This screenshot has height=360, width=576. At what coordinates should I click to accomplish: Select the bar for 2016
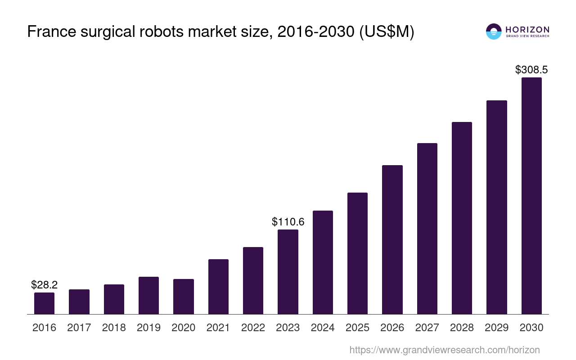[44, 303]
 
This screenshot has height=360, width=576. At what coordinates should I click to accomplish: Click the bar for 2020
[184, 297]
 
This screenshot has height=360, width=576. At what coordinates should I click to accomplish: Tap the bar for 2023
[288, 272]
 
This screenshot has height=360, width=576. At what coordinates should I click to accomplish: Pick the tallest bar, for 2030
[531, 196]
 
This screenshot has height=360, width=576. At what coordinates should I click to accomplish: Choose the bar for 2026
[392, 239]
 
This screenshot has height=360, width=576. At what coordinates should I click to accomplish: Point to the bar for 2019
[148, 295]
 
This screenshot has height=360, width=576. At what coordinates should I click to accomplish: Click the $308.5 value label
[531, 70]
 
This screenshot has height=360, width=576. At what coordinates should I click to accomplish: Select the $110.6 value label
[288, 222]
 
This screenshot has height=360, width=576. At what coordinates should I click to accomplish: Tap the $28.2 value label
[44, 284]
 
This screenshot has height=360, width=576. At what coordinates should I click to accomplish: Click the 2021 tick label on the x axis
[218, 328]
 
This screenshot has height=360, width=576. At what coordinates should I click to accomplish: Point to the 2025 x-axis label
[357, 328]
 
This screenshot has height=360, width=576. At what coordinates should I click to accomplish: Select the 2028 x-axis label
[462, 328]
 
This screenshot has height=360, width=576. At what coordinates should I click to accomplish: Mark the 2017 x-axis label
[79, 328]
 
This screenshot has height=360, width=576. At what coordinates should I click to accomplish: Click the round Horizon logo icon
[494, 31]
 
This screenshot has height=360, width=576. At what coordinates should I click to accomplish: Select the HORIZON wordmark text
[527, 29]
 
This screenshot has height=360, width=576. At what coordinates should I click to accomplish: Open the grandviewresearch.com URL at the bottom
[444, 350]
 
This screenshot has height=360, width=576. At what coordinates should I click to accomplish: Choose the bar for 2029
[497, 207]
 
